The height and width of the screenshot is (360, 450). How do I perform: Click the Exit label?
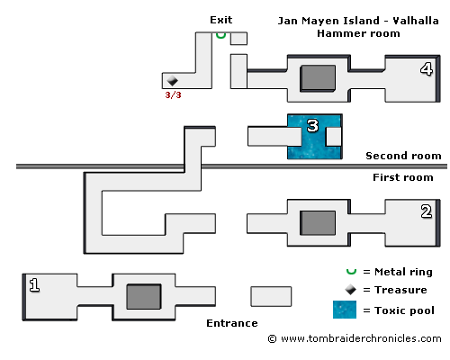tap(221, 20)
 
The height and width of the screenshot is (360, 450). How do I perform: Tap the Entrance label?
tap(232, 323)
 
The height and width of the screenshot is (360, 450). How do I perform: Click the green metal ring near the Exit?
tap(220, 35)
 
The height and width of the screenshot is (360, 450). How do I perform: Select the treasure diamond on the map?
tap(172, 80)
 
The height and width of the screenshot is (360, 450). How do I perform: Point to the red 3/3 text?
tap(173, 95)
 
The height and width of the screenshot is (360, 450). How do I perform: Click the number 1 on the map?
tap(34, 284)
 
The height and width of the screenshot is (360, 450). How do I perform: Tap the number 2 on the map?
tap(427, 211)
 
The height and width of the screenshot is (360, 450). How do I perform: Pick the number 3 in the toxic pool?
tap(312, 126)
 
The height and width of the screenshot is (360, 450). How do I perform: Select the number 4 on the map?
tap(427, 69)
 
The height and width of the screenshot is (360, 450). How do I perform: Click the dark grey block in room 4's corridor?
tap(318, 78)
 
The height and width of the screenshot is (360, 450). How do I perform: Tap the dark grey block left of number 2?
tap(318, 223)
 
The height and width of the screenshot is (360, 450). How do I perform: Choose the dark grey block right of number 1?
tap(144, 296)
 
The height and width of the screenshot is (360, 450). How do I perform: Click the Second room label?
tap(403, 156)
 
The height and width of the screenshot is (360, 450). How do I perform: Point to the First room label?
tap(403, 177)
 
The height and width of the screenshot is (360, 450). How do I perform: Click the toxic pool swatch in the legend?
tap(345, 310)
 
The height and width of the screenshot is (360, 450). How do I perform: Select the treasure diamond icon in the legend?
tap(350, 290)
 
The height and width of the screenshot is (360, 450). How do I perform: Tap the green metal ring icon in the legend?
tap(351, 271)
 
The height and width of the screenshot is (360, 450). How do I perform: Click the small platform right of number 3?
tap(334, 137)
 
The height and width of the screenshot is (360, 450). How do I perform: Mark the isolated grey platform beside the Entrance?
tap(271, 296)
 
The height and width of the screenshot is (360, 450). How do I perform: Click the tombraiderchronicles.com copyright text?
tap(355, 338)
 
